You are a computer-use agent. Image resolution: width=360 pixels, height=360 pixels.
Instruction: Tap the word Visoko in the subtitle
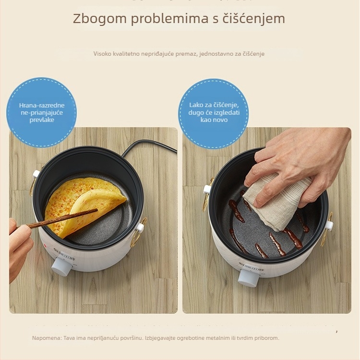pos(103,54)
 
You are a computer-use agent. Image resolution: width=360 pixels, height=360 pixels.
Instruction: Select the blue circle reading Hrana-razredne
pos(41,112)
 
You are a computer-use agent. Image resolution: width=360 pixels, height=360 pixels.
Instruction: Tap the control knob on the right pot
pos(249,277)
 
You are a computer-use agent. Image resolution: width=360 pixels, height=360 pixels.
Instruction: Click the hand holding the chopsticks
pos(19,245)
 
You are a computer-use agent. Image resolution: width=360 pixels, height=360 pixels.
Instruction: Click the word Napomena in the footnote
pos(47,338)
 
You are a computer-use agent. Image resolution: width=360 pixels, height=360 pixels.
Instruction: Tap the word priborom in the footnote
pos(266,338)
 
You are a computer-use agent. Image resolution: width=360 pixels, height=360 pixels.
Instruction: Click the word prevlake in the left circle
pos(41,120)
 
